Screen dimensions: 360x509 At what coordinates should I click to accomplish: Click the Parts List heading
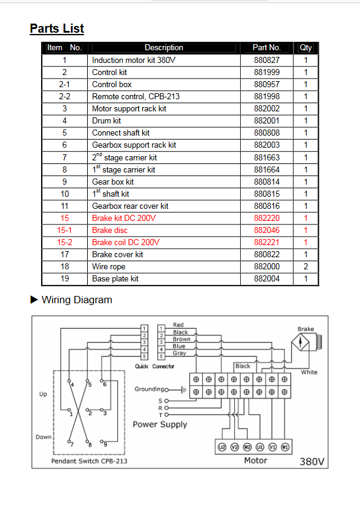coord(57,28)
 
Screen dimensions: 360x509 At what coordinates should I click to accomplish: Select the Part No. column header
coord(266,47)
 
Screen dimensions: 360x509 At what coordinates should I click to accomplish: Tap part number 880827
coord(266,60)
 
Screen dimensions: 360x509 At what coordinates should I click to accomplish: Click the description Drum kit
coord(106,121)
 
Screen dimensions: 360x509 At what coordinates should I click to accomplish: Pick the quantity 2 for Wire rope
coord(306,266)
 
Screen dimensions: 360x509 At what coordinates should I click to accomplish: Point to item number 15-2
coord(65,242)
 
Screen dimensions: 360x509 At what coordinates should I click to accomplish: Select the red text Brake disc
coord(110,230)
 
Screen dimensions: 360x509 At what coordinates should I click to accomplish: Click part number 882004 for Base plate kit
coord(266,278)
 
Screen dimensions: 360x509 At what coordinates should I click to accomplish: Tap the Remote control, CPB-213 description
coord(136,96)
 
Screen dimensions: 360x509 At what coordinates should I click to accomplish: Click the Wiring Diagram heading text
coord(77,300)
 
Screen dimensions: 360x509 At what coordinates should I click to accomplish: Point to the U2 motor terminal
coord(221,447)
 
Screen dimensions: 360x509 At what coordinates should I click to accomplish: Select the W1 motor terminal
coord(285,447)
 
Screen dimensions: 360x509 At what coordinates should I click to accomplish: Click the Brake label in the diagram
coord(306,329)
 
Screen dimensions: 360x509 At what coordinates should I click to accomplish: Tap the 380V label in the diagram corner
coord(312,461)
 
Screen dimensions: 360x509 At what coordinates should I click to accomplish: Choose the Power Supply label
coord(160,425)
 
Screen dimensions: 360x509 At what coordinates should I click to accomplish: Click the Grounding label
coord(149,389)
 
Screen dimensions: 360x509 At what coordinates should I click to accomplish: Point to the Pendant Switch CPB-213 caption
coord(90,461)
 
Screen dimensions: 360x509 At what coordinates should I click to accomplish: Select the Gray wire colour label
coord(179,353)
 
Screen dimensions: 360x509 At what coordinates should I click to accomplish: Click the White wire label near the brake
coord(309,372)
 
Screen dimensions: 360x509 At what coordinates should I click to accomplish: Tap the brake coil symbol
coord(319,342)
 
